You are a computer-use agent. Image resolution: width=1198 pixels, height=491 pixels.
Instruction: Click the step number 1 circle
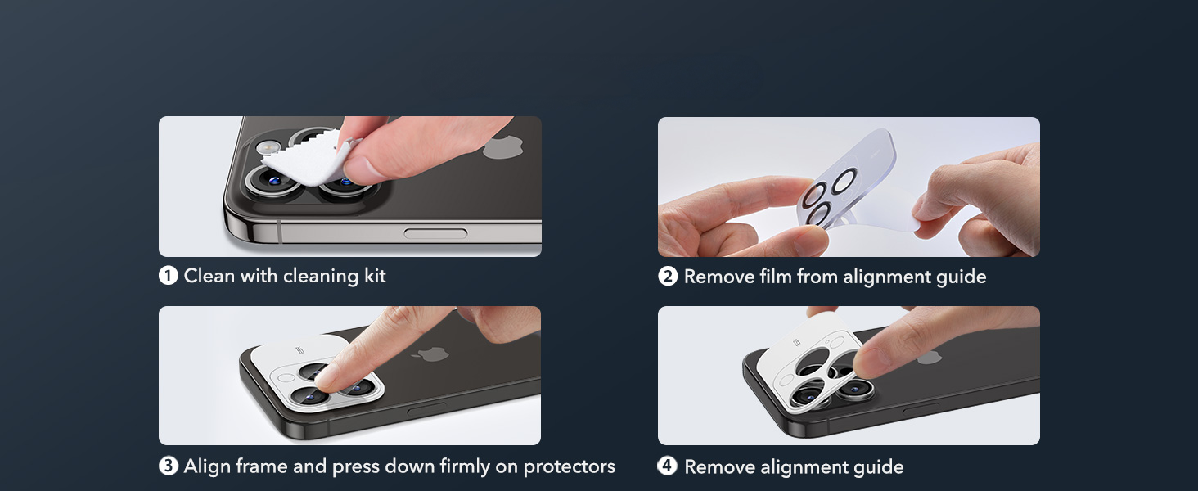click(x=168, y=276)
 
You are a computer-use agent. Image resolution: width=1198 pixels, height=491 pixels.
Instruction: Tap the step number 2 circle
click(x=668, y=277)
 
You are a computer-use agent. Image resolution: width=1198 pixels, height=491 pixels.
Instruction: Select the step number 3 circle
click(x=168, y=466)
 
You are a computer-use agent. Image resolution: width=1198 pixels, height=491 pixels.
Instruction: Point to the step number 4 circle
click(x=668, y=466)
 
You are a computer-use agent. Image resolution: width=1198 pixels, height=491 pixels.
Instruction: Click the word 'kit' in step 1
click(x=373, y=276)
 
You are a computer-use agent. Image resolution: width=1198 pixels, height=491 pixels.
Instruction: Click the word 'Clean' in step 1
click(x=209, y=276)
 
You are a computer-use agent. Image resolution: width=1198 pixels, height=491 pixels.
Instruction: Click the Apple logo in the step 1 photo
click(x=500, y=147)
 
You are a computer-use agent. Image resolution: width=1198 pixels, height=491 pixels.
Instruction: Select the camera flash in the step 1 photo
click(x=266, y=147)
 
